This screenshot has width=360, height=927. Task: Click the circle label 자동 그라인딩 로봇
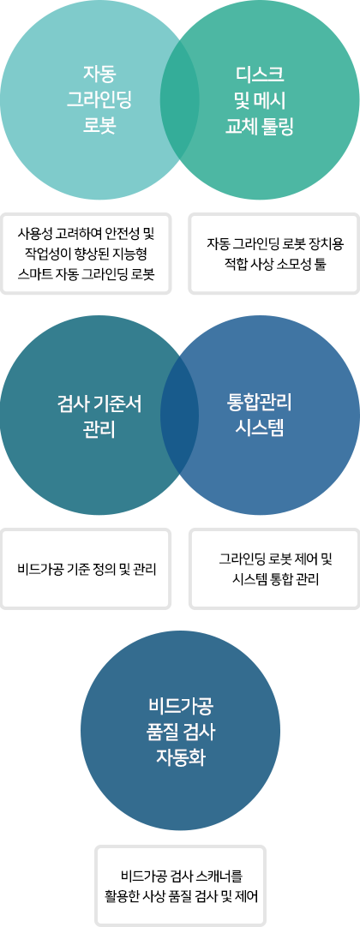point(99,100)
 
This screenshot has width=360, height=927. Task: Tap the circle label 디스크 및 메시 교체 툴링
point(260,100)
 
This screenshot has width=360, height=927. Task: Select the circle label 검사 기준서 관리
point(99,416)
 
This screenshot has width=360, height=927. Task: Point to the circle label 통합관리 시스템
point(260,415)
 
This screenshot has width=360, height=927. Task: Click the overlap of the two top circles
point(180,100)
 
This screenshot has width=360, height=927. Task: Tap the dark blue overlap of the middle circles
point(180,416)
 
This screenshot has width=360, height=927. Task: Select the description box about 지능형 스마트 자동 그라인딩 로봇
point(87,253)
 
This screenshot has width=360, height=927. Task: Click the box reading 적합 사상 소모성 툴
point(274,253)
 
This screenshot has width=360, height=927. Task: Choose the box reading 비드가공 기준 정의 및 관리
point(87,569)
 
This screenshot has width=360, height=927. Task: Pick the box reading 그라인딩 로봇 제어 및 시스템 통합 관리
point(274,569)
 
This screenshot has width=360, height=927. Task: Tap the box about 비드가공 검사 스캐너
point(180,885)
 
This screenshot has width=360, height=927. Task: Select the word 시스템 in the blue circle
point(260,429)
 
